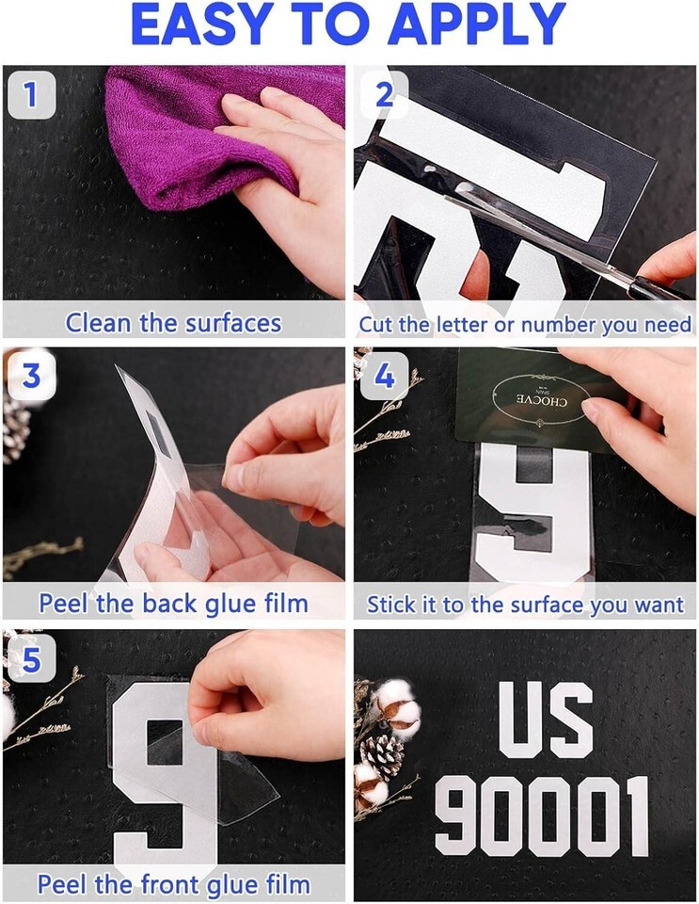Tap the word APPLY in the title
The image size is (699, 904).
tap(477, 24)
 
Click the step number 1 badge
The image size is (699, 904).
tap(32, 94)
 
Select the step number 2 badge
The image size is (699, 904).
tap(384, 94)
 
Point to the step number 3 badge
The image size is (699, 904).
tap(32, 376)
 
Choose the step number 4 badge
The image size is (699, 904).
tap(384, 376)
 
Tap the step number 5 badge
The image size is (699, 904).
tap(32, 659)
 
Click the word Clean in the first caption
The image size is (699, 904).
tap(99, 323)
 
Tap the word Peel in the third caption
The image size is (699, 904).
tap(63, 604)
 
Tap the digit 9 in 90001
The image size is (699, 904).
tap(458, 815)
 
